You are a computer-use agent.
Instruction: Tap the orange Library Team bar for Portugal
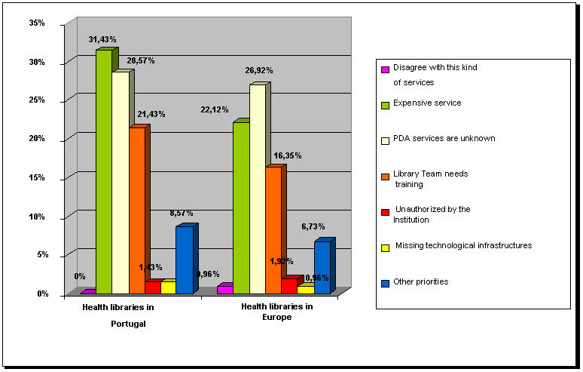click(136, 211)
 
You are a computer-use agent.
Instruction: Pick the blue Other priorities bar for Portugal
click(184, 260)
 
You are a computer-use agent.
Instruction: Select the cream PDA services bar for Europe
click(257, 189)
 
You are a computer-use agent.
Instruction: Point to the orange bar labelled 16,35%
click(273, 230)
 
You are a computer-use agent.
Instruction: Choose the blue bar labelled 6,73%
click(322, 268)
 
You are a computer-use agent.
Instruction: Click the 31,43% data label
click(102, 39)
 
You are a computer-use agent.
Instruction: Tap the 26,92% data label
click(259, 70)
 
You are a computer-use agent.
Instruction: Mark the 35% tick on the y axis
click(37, 23)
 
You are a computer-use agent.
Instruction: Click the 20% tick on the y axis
click(37, 139)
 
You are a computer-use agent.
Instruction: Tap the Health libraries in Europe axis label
click(277, 312)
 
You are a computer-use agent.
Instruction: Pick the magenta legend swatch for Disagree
click(385, 69)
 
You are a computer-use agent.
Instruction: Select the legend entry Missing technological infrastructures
click(463, 245)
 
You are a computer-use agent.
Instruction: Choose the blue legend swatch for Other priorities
click(385, 283)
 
